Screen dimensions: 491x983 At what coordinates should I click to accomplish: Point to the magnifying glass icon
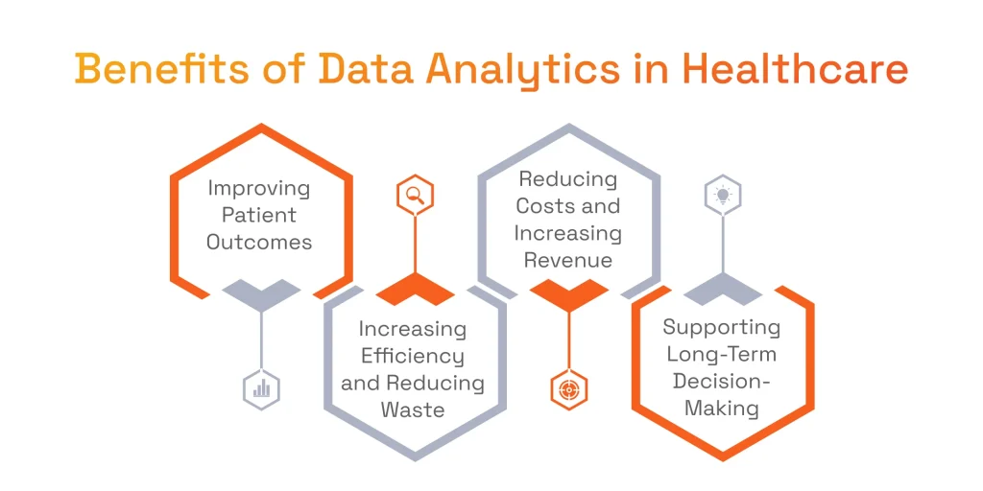415,196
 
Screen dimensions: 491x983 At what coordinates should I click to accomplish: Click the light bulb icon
723,196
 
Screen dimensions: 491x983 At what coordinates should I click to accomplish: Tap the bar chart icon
261,389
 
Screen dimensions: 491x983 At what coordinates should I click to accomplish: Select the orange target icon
569,389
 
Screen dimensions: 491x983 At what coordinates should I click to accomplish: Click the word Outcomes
259,242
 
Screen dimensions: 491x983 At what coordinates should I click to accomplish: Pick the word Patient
259,215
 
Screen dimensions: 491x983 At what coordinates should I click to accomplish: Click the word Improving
259,188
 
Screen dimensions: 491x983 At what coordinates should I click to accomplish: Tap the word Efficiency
413,356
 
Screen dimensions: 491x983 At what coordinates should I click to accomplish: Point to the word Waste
413,409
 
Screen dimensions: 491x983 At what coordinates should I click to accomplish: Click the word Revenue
568,260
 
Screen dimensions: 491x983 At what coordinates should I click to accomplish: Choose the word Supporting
722,327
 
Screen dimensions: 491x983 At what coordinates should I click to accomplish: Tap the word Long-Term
722,354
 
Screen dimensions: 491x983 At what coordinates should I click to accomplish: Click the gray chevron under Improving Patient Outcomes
261,293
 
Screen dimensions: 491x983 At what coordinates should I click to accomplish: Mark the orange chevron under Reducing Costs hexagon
569,293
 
